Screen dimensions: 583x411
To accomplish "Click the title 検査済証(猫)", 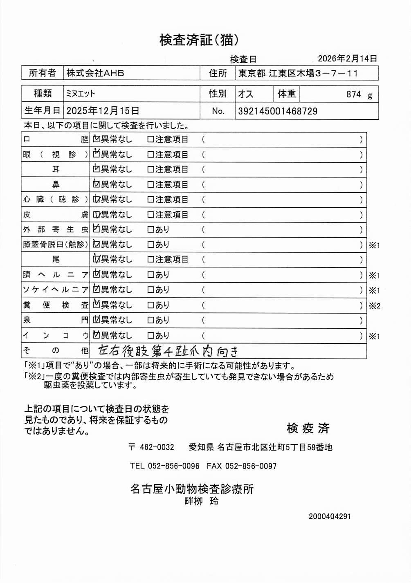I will pos(199,40).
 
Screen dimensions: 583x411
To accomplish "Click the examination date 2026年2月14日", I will pos(347,58).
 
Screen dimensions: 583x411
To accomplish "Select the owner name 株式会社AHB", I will pos(95,73).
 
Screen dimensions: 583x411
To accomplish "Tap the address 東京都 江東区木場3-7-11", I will pos(298,73).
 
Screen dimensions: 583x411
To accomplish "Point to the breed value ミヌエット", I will pos(81,94).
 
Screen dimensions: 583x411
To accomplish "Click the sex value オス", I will pos(246,94).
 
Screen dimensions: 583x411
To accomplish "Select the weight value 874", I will pos(353,94).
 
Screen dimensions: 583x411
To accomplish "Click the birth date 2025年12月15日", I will pos(103,111).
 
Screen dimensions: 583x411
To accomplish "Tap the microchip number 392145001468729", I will pos(278,111).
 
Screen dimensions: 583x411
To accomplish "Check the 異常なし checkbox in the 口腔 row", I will pos(97,139).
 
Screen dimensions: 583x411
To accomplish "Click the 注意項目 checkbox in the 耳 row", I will pos(150,169).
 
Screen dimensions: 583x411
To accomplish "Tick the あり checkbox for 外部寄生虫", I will pos(150,230).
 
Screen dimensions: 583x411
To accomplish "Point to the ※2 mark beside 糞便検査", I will pos(374,305).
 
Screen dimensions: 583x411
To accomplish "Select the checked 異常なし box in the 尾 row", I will pos(97,259).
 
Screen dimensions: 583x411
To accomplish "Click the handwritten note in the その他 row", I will pos(168,351).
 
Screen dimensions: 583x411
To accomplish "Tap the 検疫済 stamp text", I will pos(308,428).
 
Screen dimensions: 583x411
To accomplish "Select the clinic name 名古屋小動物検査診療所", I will pos(192,489).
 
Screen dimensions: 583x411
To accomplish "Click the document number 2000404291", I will pos(330,516).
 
